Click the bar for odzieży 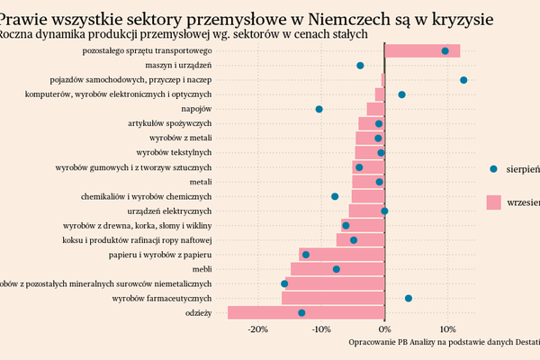[306, 312]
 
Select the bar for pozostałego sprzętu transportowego [422, 51]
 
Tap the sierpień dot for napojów [319, 109]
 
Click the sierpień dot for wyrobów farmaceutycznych [408, 298]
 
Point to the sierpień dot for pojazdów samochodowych [463, 80]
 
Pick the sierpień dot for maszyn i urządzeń [360, 66]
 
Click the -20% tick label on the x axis [258, 328]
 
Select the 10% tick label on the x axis [447, 328]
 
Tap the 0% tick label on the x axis [384, 328]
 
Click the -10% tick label [321, 328]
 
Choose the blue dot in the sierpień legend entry [493, 168]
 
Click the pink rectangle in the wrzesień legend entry [493, 202]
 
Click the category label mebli [202, 269]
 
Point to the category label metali [200, 182]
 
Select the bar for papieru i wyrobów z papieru [342, 255]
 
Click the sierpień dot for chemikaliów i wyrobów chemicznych [335, 196]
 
